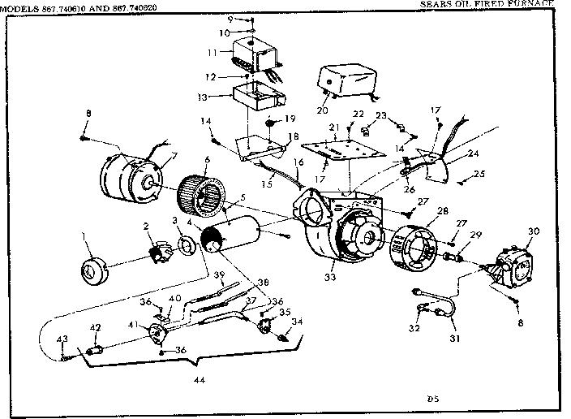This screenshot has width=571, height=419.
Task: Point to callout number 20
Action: pos(324,110)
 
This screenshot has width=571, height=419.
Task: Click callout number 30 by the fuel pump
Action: pos(532,231)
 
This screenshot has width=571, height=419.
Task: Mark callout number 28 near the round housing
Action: pos(441,212)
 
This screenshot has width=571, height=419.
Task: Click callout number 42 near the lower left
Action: pos(96,328)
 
